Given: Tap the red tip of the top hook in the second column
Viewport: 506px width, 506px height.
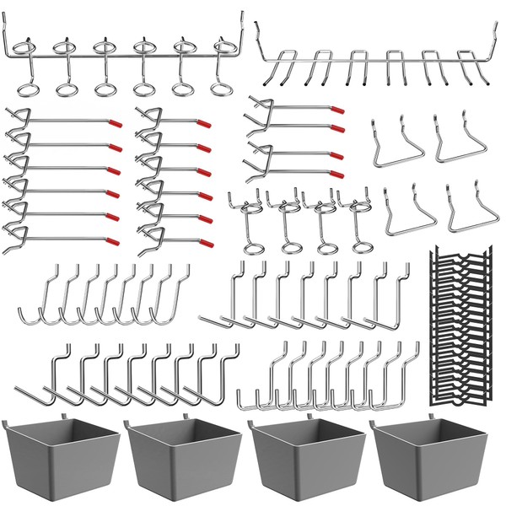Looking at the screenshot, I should coord(205,123).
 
